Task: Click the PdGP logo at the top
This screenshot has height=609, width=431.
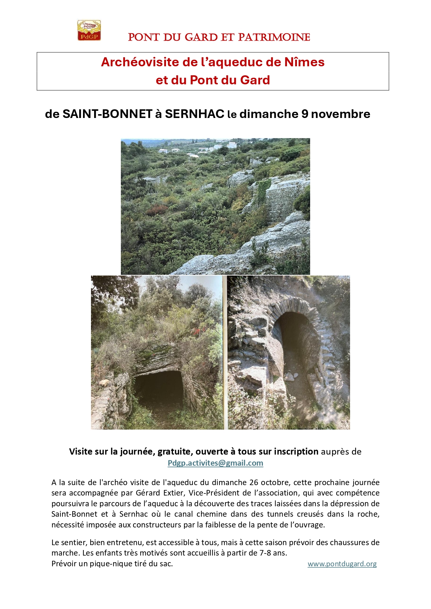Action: pyautogui.click(x=89, y=31)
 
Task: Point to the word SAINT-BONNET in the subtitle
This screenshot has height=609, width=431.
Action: pyautogui.click(x=107, y=114)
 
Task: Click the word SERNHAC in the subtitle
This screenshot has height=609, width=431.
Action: pyautogui.click(x=194, y=114)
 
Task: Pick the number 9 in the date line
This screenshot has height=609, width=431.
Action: pyautogui.click(x=305, y=114)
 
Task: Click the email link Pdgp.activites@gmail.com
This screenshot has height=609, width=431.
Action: pyautogui.click(x=215, y=463)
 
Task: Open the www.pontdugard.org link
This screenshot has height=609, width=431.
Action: pyautogui.click(x=342, y=564)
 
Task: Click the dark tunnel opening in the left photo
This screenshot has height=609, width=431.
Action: pyautogui.click(x=159, y=387)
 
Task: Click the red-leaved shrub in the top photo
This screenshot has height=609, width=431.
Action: pyautogui.click(x=157, y=210)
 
